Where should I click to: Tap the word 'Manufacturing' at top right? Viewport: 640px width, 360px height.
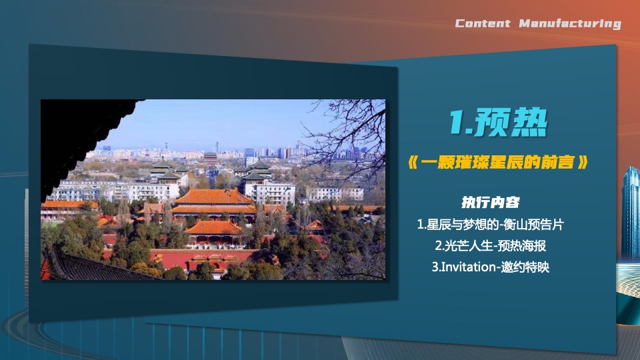click(569, 24)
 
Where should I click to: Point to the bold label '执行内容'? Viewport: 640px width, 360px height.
click(491, 202)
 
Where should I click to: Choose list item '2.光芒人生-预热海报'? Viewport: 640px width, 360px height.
click(491, 246)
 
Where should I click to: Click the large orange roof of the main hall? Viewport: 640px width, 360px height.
click(214, 197)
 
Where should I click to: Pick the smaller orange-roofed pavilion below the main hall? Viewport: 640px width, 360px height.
click(213, 228)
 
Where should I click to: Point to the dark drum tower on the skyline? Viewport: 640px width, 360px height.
click(210, 159)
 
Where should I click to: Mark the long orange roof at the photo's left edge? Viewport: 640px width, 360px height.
click(67, 205)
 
